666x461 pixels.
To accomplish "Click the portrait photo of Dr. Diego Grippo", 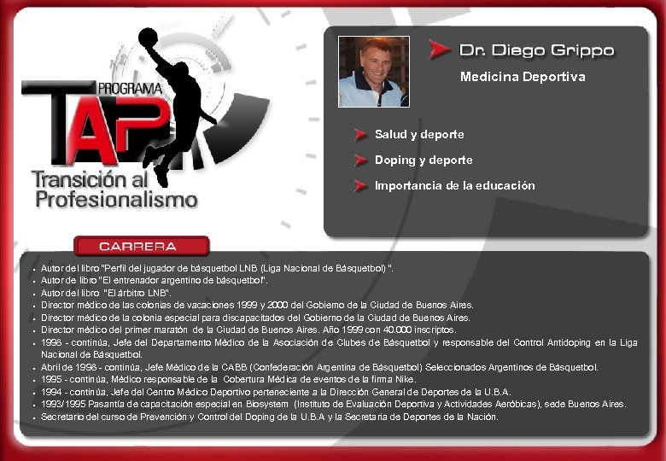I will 373,71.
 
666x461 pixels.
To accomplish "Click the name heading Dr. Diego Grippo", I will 536,50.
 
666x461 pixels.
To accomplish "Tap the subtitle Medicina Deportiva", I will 523,77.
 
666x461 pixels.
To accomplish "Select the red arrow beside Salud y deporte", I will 362,135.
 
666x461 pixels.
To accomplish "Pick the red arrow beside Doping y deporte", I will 362,160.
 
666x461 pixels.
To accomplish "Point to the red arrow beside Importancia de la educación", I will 362,186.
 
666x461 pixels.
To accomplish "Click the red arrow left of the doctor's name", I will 440,50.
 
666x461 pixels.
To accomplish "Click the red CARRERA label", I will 142,247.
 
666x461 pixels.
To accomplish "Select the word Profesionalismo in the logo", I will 116,200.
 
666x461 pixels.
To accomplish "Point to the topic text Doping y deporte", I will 424,160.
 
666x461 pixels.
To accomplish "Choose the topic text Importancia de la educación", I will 455,186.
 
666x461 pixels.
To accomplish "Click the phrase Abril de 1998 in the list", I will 69,367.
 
